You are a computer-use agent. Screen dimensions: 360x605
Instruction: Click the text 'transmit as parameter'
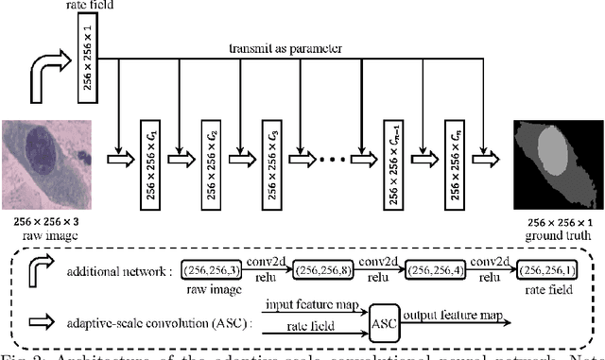point(284,46)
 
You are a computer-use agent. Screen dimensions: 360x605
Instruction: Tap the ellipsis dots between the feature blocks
point(332,152)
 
